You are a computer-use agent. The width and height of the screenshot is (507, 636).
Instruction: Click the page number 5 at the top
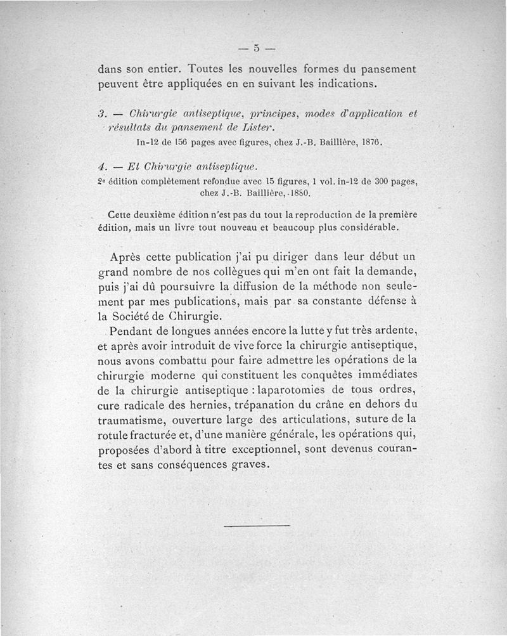click(x=257, y=48)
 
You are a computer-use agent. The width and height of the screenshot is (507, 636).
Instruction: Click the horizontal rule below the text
click(x=257, y=526)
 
